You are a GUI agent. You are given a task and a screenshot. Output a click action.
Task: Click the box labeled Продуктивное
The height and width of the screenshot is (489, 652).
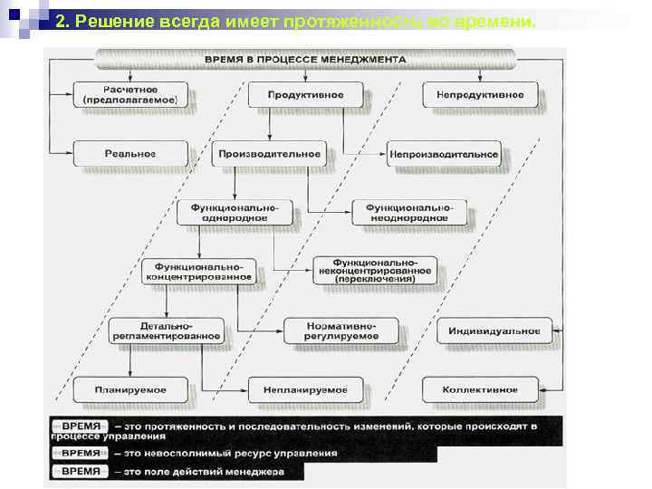click(316, 95)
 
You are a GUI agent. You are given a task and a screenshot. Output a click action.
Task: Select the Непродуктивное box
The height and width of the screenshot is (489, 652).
click(480, 95)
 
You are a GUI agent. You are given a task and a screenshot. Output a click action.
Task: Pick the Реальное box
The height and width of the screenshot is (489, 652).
click(130, 154)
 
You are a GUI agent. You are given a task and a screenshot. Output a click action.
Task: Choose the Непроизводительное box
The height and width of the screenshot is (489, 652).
click(445, 154)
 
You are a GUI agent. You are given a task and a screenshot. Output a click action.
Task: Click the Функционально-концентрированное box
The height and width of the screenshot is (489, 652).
click(198, 272)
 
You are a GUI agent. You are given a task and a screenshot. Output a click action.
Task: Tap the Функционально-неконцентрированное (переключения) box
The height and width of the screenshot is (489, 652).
click(375, 271)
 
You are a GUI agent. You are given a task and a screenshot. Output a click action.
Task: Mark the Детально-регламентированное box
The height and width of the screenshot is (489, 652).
click(167, 331)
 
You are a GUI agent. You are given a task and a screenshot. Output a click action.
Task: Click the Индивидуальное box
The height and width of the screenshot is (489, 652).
click(494, 331)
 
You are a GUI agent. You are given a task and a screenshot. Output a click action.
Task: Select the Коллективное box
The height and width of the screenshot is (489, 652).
click(480, 389)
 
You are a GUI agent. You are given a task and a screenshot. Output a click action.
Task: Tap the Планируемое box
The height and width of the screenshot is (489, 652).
click(130, 389)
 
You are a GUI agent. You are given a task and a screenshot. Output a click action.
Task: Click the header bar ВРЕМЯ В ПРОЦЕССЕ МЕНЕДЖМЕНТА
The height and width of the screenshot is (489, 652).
click(305, 59)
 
